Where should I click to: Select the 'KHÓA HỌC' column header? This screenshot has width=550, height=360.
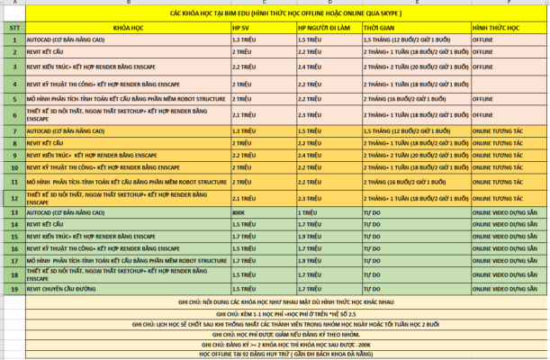[x=126, y=28]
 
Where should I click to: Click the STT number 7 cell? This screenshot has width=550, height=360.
[x=14, y=130]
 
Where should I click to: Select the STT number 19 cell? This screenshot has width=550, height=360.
[x=14, y=289]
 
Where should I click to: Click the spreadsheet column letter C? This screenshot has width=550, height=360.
[x=262, y=4]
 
